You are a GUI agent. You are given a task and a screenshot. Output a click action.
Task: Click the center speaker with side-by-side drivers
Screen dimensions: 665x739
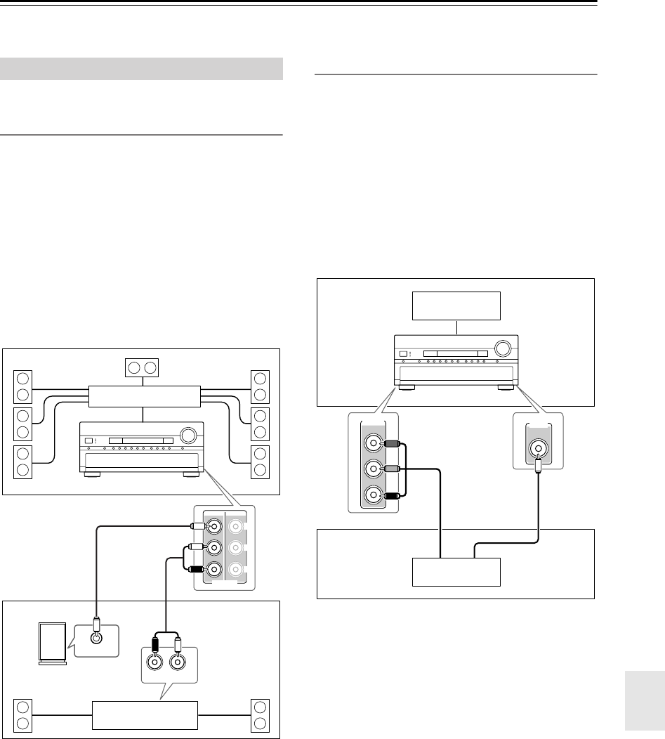pos(143,367)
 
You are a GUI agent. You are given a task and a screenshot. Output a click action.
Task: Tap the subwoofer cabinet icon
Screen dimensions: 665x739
pos(53,644)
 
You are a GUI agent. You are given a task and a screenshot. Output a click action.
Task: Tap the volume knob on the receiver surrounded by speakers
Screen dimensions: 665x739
pos(189,436)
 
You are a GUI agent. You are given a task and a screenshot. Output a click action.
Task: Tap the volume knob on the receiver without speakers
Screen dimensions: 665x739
pos(502,348)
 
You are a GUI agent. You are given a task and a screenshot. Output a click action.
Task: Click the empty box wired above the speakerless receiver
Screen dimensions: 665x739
pos(457,306)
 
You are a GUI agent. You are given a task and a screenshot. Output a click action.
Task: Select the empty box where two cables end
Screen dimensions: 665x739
pos(457,573)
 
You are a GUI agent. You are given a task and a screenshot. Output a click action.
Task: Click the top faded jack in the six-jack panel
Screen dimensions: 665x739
pos(236,525)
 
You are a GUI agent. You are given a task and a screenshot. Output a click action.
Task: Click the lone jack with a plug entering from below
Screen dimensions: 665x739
pos(537,447)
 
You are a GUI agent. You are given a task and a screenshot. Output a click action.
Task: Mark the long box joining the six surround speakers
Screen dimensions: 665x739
pos(144,396)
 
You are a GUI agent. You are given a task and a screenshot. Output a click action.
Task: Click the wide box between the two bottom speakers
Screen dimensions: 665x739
pos(144,715)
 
